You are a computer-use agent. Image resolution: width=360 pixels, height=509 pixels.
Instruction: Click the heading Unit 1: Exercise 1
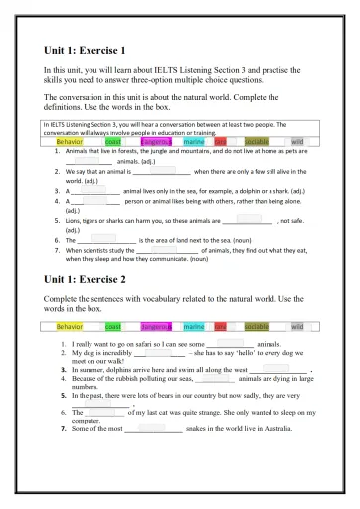pos(85,48)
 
